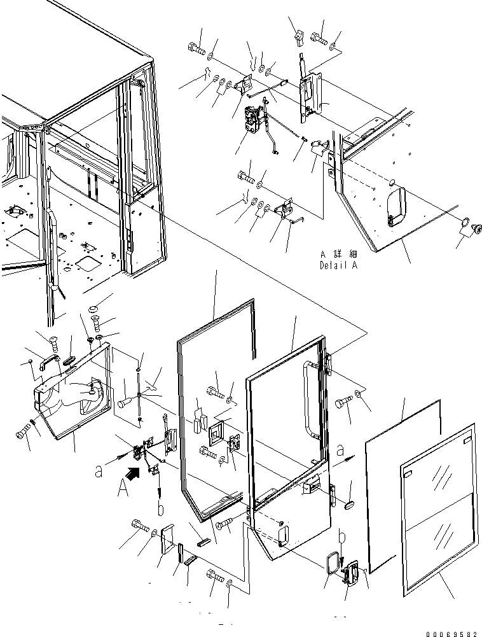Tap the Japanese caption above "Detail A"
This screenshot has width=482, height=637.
[x=338, y=255]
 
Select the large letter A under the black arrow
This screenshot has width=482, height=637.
[x=122, y=487]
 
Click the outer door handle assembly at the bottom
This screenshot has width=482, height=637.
[x=350, y=575]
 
